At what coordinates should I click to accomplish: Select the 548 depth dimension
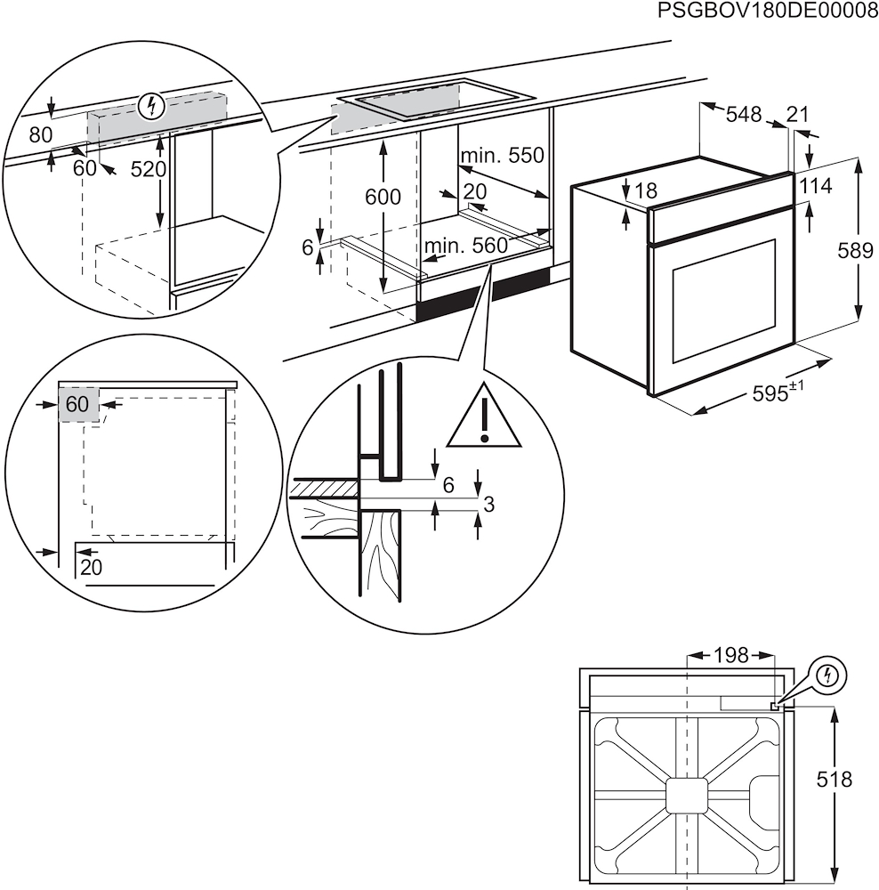[743, 114]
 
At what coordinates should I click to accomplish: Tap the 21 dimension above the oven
[798, 114]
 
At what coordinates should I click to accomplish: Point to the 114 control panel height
[816, 186]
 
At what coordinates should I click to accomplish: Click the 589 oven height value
[855, 251]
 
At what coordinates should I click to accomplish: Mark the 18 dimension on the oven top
[646, 190]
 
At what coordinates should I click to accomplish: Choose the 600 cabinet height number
[383, 198]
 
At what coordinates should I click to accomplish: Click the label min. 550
[502, 156]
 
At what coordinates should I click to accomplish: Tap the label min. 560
[465, 246]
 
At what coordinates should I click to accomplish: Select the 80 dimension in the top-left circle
[41, 135]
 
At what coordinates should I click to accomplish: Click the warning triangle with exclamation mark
[483, 417]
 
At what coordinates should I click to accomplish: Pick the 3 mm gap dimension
[488, 505]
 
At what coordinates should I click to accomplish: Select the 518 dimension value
[834, 780]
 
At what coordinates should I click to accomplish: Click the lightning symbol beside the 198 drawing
[828, 675]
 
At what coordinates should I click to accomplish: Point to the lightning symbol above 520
[154, 107]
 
